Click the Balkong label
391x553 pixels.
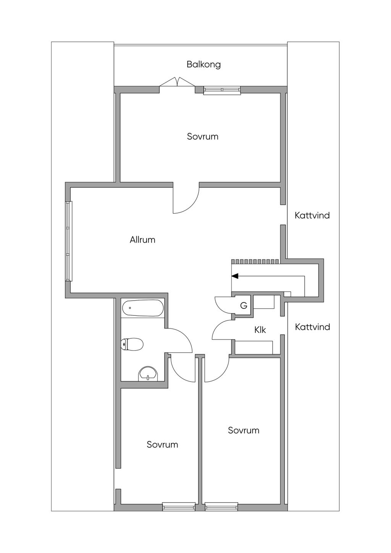tap(204, 64)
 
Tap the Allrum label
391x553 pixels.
tap(142, 240)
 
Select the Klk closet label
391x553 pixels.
tap(260, 330)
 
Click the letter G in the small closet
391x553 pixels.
tap(244, 306)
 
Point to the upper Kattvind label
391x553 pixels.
tap(312, 215)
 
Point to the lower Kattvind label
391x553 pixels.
tap(312, 327)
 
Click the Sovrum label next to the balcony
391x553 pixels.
tap(202, 136)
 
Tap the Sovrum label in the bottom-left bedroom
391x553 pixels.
tap(162, 445)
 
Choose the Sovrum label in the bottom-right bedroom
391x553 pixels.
tap(244, 430)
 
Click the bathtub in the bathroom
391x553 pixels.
tap(143, 308)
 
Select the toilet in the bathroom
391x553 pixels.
tap(132, 344)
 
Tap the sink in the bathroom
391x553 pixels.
tap(148, 374)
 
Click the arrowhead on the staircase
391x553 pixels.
tap(235, 276)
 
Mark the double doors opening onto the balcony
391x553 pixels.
tap(177, 82)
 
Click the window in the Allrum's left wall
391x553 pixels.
tap(69, 241)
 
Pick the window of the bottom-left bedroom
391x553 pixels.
tap(179, 507)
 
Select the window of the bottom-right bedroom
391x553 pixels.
tap(221, 507)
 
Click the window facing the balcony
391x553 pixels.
tap(222, 90)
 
